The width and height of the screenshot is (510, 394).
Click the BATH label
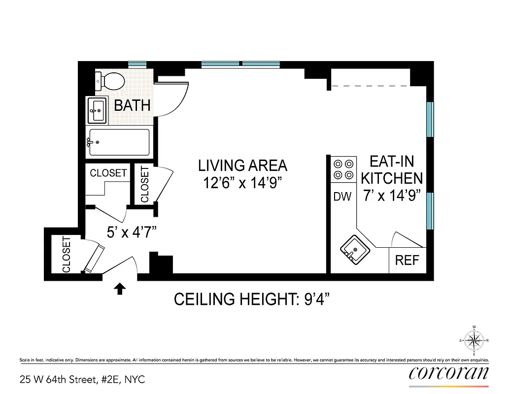(132, 105)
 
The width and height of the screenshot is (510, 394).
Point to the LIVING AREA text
(242, 165)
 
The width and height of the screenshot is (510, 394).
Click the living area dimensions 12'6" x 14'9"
(242, 183)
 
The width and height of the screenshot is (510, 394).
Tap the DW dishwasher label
(342, 197)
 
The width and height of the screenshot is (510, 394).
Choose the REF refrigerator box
(407, 260)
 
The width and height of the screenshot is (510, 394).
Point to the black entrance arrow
(119, 289)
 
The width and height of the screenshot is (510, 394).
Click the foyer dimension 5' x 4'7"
(132, 232)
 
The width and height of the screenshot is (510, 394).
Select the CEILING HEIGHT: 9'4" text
(251, 299)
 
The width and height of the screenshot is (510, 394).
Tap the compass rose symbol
(474, 340)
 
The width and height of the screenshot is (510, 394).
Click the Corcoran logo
(448, 372)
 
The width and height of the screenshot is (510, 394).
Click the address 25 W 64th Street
(83, 379)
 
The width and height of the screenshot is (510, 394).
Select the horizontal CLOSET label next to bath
(108, 173)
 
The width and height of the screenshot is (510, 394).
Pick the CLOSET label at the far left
(67, 255)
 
